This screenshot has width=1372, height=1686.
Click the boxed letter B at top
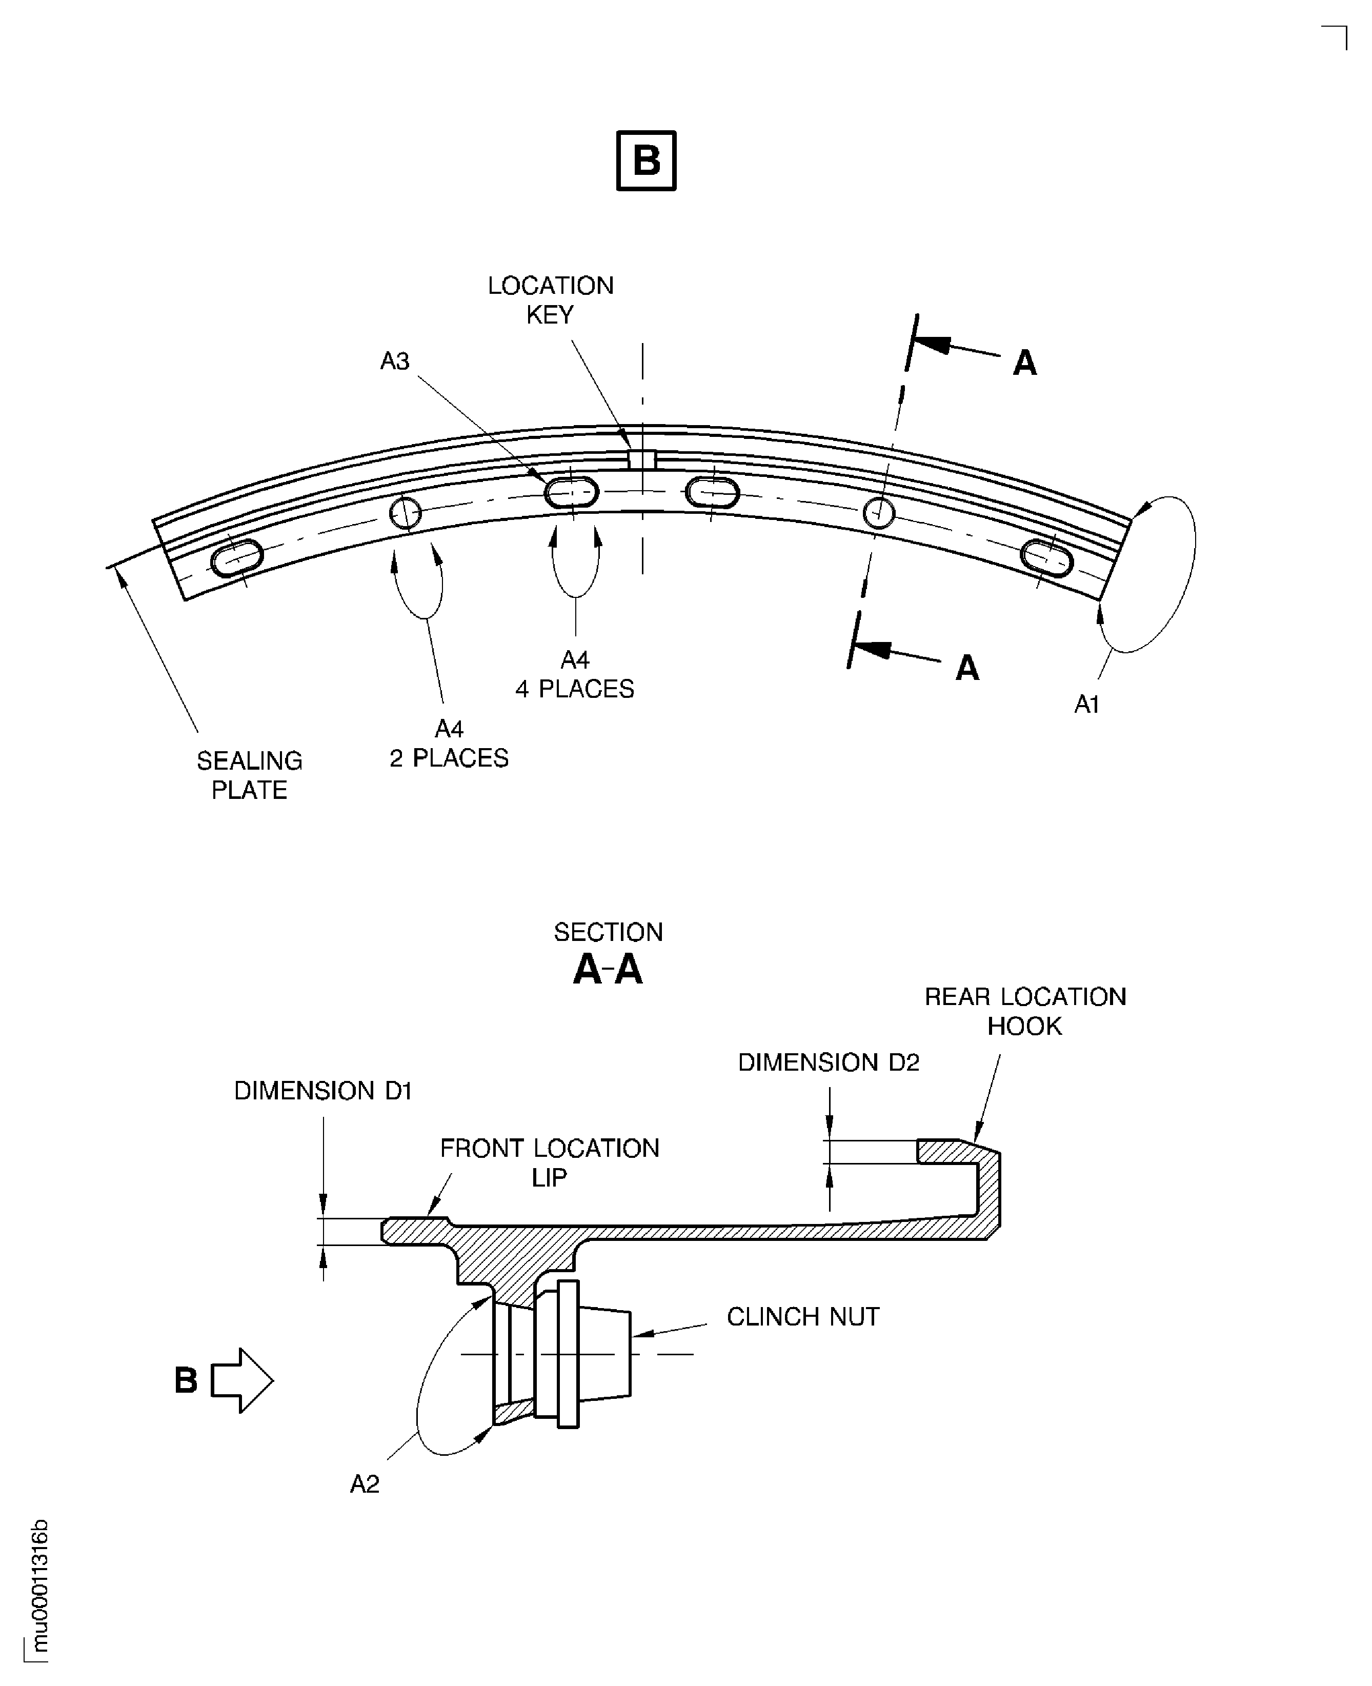point(645,160)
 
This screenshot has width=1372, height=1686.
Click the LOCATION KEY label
point(550,299)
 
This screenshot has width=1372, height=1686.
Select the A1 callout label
point(1087,704)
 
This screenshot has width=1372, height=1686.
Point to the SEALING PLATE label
point(249,775)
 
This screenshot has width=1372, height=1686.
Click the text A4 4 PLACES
point(575,674)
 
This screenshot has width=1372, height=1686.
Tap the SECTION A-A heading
point(608,954)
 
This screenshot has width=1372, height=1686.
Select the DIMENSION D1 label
point(322,1091)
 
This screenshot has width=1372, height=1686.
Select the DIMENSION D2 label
point(828,1062)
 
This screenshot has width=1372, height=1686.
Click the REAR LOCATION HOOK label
point(1025,1011)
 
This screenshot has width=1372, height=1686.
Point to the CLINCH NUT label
point(802,1317)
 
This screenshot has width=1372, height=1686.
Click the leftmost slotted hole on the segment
point(236,558)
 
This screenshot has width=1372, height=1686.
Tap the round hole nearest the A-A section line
point(878,513)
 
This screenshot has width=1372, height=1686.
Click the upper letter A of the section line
point(1024,363)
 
